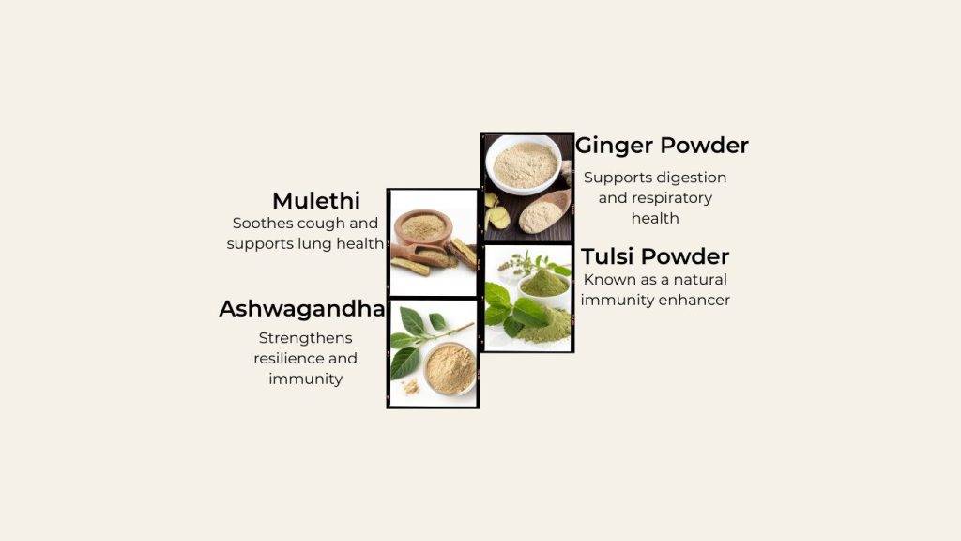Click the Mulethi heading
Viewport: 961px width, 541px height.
(x=316, y=201)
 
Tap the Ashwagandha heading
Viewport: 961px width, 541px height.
(x=302, y=308)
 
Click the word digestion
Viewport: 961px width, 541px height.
(x=693, y=178)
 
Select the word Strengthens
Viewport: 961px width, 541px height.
(x=305, y=338)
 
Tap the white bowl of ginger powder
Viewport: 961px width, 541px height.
(x=524, y=164)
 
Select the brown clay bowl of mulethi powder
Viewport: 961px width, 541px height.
(x=423, y=227)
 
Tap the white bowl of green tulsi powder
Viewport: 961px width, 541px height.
(x=543, y=287)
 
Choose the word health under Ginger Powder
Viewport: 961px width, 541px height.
(x=655, y=218)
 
